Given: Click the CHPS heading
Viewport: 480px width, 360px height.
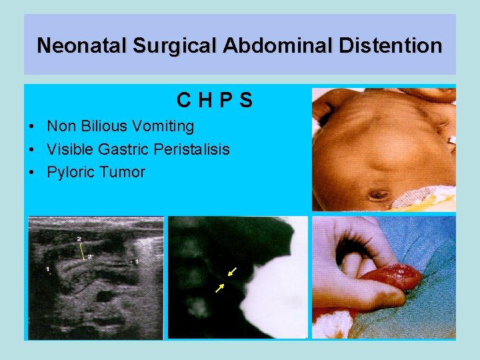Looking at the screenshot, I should tap(215, 101).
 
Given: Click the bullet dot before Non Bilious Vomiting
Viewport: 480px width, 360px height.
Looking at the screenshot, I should tap(32, 127).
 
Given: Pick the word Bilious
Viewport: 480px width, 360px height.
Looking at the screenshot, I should tap(103, 126).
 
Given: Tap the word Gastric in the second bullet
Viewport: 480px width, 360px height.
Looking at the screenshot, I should tap(125, 149).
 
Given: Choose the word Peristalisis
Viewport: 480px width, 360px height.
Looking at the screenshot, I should tap(191, 149).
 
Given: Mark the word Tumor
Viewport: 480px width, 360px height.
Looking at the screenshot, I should tap(123, 172).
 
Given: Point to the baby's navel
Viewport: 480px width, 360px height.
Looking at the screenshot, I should tap(379, 195).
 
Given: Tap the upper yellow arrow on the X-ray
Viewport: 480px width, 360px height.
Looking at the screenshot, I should tap(231, 271).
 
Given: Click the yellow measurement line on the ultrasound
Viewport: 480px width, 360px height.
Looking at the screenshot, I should tap(82, 250).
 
